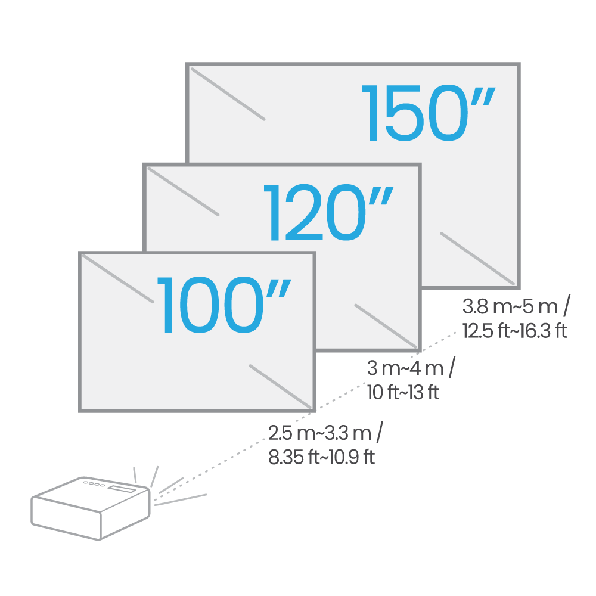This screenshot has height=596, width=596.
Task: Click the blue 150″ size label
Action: pos(429,113)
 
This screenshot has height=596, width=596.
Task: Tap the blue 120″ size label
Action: pos(328,213)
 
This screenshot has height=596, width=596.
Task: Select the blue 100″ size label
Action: pos(224,305)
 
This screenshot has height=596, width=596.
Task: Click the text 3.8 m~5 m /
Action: pos(516,306)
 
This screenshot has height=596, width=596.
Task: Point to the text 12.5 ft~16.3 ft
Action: pos(515,331)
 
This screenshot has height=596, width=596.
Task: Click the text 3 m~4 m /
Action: pos(411,368)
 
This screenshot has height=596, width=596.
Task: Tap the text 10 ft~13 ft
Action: pos(403,392)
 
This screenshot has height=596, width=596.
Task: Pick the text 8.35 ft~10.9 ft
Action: pos(322,457)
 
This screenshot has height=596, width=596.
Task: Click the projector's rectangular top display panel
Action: pos(121,489)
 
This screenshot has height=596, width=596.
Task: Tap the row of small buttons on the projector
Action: pos(94,484)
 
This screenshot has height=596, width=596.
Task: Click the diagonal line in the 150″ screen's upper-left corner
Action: pos(228,94)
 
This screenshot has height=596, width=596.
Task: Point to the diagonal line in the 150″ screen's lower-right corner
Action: pos(477,259)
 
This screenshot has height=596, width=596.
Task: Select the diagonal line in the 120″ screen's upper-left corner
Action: pos(183,191)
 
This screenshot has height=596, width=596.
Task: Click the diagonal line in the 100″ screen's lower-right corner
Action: pos(280,386)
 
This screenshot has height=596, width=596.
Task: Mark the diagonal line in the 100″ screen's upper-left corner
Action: pos(118,279)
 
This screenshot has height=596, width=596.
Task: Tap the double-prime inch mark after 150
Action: pos(483,97)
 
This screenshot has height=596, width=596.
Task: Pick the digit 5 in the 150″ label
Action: pos(403,113)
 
